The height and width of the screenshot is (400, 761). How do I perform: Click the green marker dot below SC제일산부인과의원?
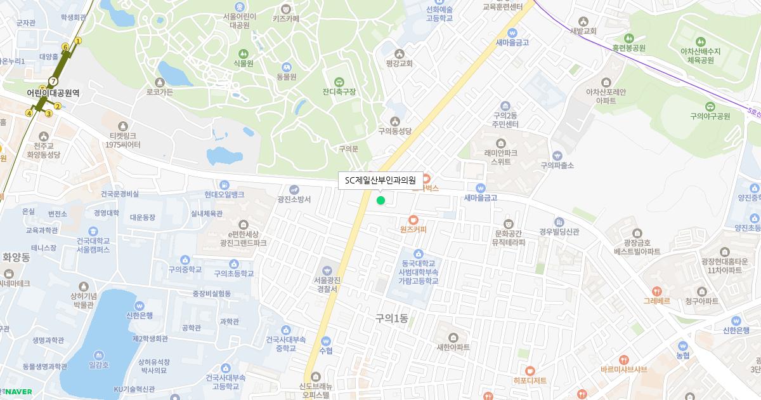click(x=380, y=201)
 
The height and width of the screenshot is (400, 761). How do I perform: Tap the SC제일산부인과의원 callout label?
click(x=380, y=180)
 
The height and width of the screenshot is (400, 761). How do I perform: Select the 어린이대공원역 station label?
click(x=53, y=93)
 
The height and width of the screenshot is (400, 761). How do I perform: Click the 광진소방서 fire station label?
click(x=294, y=199)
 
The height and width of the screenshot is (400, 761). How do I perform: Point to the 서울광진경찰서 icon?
click(x=328, y=270)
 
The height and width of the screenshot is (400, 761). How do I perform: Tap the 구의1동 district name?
click(x=391, y=319)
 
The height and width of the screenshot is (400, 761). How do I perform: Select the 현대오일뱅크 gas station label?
click(x=224, y=194)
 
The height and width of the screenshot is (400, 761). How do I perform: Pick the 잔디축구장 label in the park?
click(x=339, y=91)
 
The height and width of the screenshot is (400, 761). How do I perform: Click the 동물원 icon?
click(x=287, y=67)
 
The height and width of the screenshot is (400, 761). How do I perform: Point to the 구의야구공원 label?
click(x=710, y=116)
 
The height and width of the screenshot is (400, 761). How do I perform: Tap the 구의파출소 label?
click(x=557, y=165)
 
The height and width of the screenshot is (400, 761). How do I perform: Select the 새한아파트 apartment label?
click(x=453, y=347)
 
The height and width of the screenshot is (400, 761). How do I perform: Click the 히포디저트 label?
click(x=530, y=380)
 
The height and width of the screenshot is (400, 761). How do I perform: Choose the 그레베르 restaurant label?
click(x=656, y=300)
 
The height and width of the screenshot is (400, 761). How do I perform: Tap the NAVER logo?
click(x=19, y=392)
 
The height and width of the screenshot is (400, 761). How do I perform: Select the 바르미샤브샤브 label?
click(x=624, y=369)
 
